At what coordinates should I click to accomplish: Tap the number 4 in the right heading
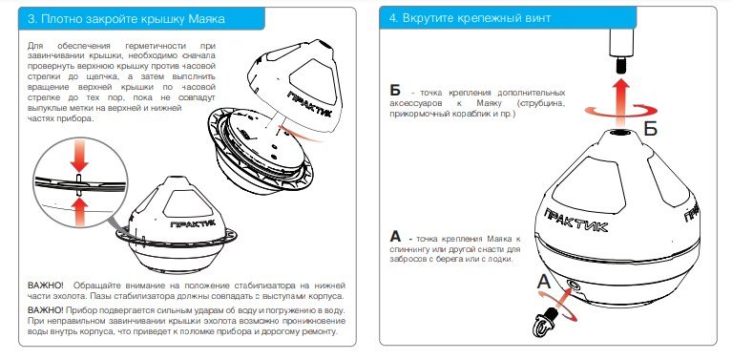click(x=393, y=19)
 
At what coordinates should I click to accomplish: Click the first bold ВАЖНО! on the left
click(x=46, y=286)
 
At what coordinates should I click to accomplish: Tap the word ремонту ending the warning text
click(x=315, y=333)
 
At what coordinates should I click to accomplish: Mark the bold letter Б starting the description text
click(x=395, y=90)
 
